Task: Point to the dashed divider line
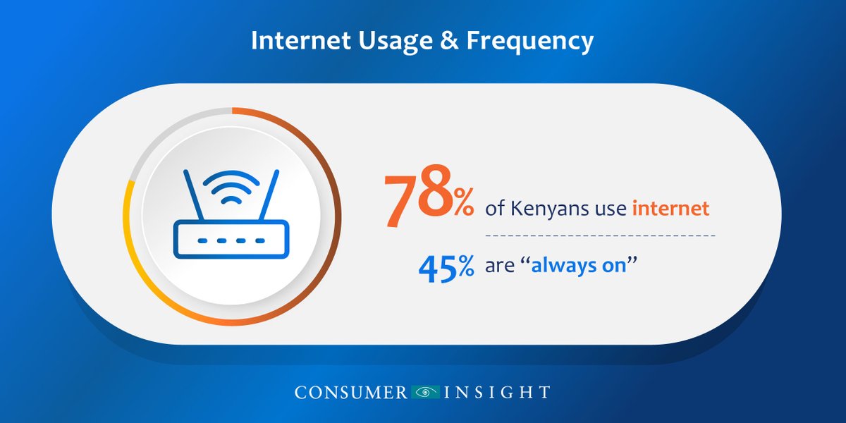click(x=599, y=234)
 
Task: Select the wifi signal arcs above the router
click(x=230, y=187)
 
